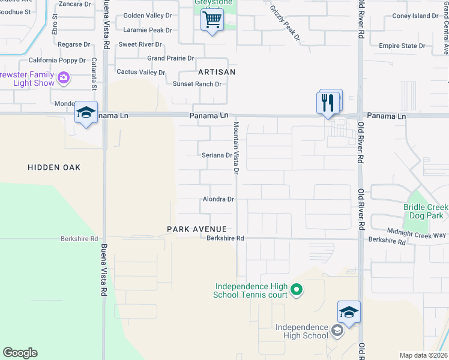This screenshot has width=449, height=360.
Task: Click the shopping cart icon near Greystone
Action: (x=211, y=20)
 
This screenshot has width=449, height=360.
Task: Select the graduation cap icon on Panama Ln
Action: (x=86, y=112)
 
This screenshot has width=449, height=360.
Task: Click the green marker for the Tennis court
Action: (x=296, y=291)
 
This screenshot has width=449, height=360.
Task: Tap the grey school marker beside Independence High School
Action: (x=337, y=331)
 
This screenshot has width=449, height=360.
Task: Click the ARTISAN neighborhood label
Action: (x=217, y=72)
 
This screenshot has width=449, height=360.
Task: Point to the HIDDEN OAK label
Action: (x=54, y=167)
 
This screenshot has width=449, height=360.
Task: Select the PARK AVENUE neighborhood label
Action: (x=197, y=229)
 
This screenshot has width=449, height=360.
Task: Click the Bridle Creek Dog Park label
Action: (x=426, y=211)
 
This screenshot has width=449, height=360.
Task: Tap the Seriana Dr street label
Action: (x=217, y=155)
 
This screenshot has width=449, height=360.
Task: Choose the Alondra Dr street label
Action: (x=218, y=199)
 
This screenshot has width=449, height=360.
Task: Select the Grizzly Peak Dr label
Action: (x=285, y=23)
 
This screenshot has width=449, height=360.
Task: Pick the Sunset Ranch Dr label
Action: (x=197, y=84)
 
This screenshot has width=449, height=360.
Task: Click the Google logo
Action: (x=20, y=353)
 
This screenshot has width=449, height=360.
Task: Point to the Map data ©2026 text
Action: (x=423, y=355)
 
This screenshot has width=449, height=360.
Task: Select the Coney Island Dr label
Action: (x=415, y=16)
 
